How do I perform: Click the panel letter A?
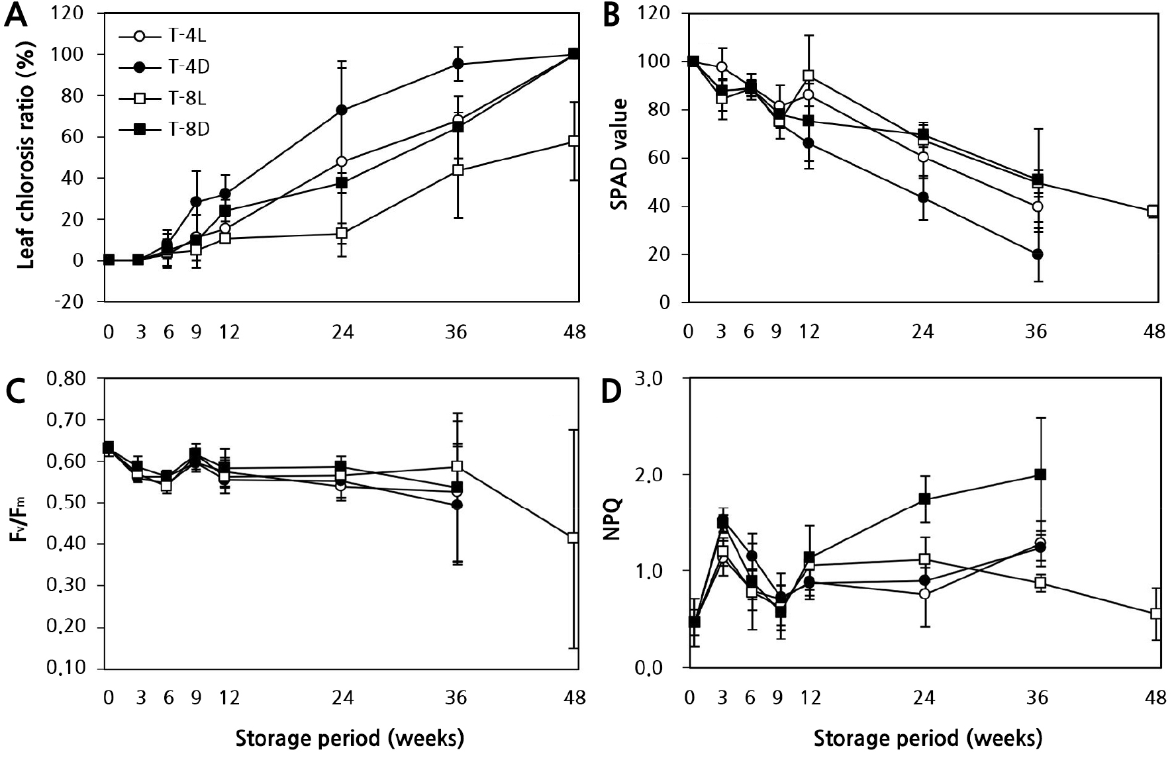click(x=16, y=16)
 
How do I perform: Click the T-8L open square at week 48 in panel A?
click(x=574, y=141)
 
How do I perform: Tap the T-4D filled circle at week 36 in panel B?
click(x=1037, y=254)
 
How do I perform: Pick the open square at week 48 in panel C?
click(x=574, y=538)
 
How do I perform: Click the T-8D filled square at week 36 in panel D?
click(x=1040, y=474)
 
